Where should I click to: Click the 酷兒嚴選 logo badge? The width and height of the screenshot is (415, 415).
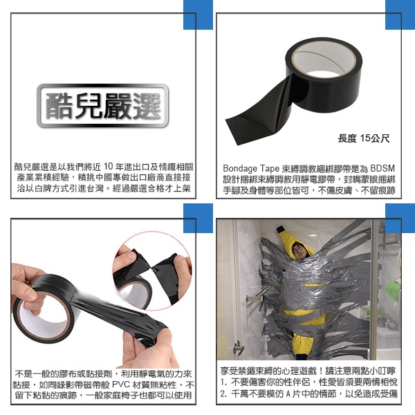pos(102,106)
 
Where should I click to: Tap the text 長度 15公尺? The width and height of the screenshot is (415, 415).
pos(364,138)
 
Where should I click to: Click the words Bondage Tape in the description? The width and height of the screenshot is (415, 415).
pos(251,168)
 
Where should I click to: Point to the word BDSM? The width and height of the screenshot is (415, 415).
pos(382,168)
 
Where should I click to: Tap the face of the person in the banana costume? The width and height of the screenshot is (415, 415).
pos(298,249)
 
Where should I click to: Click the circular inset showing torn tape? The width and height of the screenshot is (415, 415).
pos(152,270)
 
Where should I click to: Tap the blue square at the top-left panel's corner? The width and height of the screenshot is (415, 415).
pos(198,15)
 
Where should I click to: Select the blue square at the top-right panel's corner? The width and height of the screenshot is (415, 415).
pos(400,15)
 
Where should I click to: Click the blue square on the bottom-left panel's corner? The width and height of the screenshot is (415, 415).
pos(198,218)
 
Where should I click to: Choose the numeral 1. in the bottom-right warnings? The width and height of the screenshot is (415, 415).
pos(224,382)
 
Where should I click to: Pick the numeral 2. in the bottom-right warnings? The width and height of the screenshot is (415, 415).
pos(224,394)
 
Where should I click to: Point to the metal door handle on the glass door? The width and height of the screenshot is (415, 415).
pos(239,347)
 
